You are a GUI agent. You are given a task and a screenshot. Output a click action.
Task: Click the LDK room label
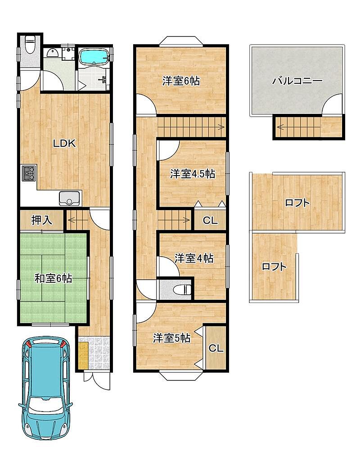click(64, 143)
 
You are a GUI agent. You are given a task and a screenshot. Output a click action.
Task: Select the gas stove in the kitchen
click(29, 173)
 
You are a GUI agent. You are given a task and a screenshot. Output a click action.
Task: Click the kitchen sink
click(70, 199)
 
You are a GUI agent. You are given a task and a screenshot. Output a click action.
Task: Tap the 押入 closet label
click(42, 220)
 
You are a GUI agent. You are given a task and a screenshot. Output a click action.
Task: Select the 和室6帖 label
click(53, 278)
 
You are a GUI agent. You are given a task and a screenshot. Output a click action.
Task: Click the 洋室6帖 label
click(181, 81)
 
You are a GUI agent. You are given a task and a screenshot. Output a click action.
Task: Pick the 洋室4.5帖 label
click(193, 174)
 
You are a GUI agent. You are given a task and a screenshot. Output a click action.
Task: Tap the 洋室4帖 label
click(194, 258)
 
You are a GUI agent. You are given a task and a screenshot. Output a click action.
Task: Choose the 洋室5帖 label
click(171, 338)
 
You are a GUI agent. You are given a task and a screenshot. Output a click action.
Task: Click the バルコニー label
click(297, 81)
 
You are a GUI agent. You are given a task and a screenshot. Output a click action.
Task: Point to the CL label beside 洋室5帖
click(216, 348)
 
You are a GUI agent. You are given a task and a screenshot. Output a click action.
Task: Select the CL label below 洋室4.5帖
click(210, 220)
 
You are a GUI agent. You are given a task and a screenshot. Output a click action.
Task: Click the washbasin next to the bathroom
click(53, 53)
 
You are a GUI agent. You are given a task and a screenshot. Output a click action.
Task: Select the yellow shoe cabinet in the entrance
click(83, 355)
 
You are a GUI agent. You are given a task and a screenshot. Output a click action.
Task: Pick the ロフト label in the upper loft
click(297, 203)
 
